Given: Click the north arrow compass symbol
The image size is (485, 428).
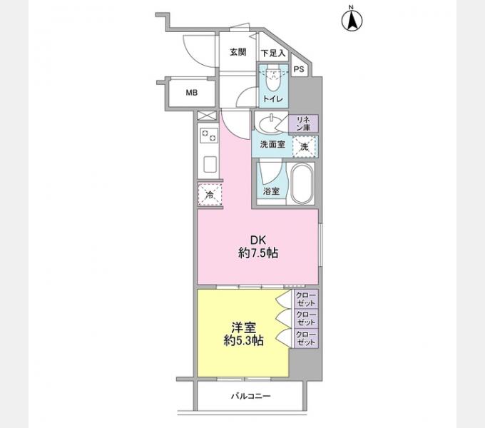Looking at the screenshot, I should coord(352,19).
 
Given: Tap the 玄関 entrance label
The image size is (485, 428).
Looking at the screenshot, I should coord(238,52).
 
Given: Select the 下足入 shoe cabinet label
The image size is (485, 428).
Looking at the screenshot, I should coord(272,53).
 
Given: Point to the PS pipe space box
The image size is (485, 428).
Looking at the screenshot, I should coord(299,69).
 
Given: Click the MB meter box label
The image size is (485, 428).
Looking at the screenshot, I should coord(192,92).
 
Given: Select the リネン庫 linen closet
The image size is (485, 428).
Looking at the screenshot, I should coord(302,123).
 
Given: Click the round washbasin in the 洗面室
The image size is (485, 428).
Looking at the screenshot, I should coord(270,127).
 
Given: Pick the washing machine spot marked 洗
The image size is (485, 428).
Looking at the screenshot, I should coord(305,146).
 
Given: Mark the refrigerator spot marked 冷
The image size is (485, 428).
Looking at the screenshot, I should coord(210,193).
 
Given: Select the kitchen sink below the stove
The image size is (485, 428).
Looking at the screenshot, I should coord(210,164).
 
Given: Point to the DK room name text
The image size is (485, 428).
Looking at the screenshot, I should coord(257,240).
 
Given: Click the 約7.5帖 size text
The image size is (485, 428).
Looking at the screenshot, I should coord(257,253).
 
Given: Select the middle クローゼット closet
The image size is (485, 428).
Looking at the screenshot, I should coord(305,318).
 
